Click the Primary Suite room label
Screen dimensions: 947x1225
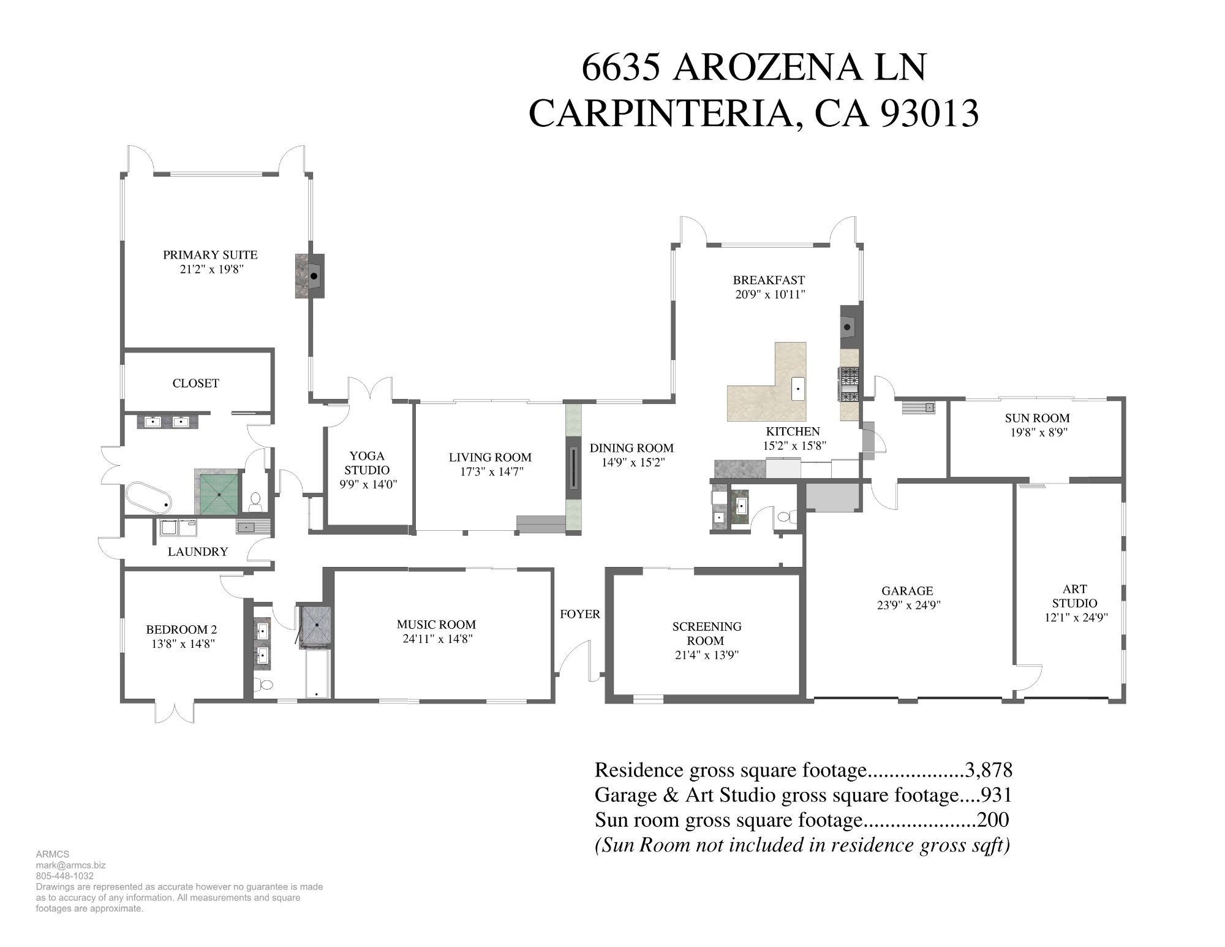pos(210,255)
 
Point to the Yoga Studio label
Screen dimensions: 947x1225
pos(367,463)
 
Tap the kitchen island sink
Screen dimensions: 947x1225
pos(797,389)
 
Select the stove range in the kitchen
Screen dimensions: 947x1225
pos(849,384)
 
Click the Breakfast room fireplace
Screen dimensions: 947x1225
pos(849,325)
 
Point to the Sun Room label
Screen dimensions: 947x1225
pos(1037,418)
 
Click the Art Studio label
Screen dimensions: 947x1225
pos(1075,596)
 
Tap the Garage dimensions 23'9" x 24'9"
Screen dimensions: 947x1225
pos(908,605)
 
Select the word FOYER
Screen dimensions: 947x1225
pos(580,614)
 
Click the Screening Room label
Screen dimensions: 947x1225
pos(706,633)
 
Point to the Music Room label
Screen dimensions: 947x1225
pos(436,625)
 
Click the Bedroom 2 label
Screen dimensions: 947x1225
pos(181,629)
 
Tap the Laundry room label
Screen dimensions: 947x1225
pos(198,552)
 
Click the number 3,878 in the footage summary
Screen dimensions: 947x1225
pos(988,770)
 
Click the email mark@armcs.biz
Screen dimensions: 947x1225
pos(70,865)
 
